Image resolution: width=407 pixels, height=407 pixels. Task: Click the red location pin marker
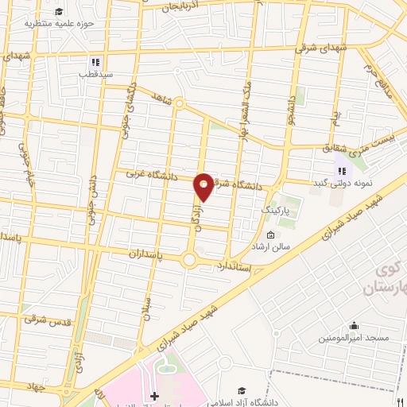[x=203, y=187]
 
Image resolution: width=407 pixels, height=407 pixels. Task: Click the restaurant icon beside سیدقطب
[x=95, y=62]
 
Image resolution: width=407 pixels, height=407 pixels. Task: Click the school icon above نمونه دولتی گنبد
[x=343, y=169]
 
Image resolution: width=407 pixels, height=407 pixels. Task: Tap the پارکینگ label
[x=277, y=210]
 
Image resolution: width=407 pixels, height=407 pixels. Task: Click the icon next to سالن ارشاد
[x=270, y=235]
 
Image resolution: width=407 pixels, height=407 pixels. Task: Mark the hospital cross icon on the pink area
[x=155, y=396]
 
